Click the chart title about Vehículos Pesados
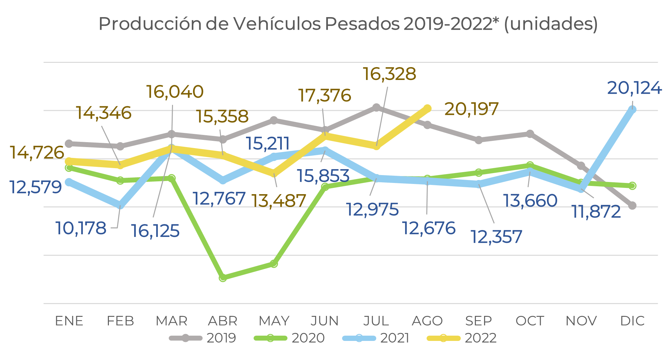[348, 24]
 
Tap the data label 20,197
[471, 109]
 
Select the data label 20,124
[634, 88]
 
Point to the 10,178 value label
[81, 228]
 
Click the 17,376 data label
[325, 95]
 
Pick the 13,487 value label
[279, 201]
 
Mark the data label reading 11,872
[596, 212]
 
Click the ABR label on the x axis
[223, 321]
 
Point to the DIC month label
[632, 321]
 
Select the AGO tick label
[427, 321]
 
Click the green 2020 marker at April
[223, 278]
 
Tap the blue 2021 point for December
[632, 110]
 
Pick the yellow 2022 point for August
[427, 108]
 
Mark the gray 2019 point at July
[376, 108]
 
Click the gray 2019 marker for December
[632, 206]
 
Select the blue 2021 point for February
[120, 205]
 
